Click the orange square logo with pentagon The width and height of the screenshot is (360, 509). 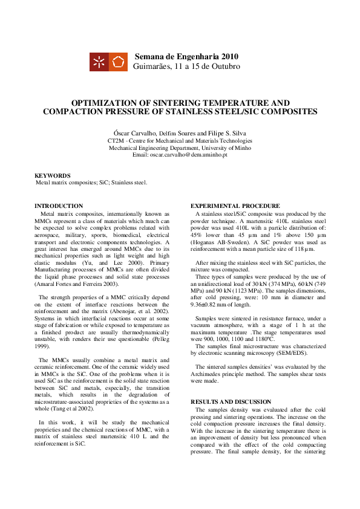pos(118,62)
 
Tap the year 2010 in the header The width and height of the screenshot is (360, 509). pos(235,56)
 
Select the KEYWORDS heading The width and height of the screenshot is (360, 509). pos(53,175)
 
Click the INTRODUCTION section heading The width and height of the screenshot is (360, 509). pos(59,206)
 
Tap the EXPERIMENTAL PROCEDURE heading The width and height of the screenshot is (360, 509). pos(235,206)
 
